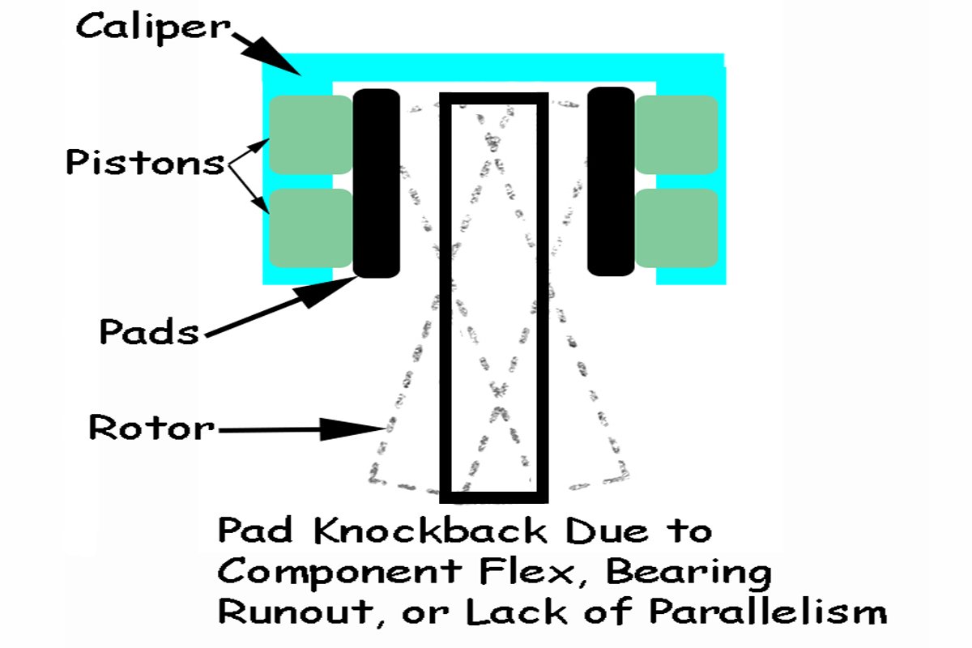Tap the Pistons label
145,162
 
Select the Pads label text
148,330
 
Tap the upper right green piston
676,134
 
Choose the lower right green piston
676,228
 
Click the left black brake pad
377,183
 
